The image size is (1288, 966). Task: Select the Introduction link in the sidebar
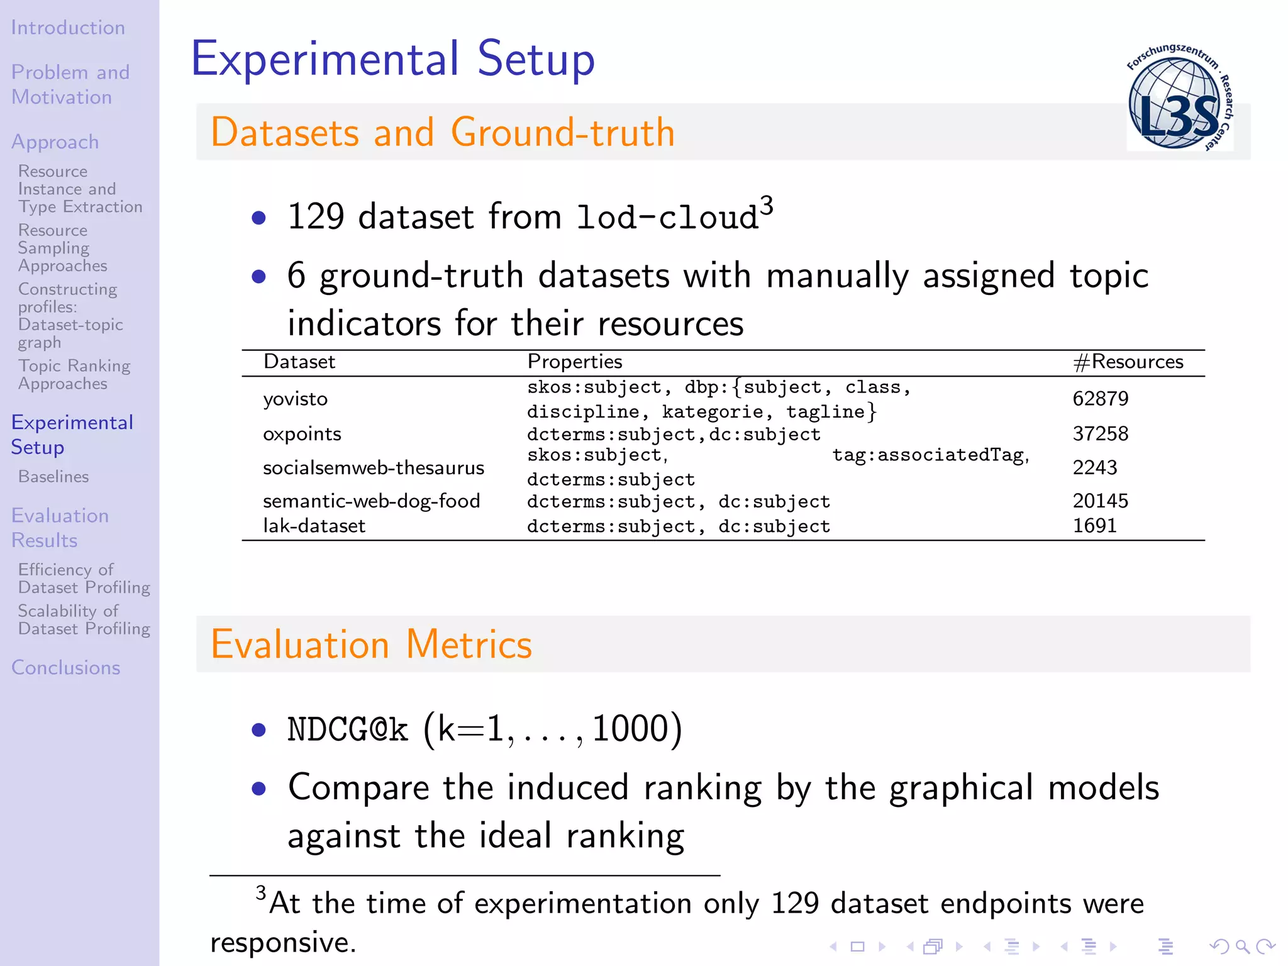(68, 28)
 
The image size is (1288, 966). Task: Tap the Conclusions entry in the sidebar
(65, 667)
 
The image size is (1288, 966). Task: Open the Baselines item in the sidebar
(53, 477)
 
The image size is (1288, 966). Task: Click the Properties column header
(574, 362)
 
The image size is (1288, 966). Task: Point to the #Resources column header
(1128, 362)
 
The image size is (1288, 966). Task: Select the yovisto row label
(295, 399)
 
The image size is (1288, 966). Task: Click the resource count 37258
(1100, 433)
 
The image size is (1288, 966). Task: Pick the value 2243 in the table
(1094, 467)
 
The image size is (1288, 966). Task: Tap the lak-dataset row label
(314, 526)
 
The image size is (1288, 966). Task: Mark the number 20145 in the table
(1100, 501)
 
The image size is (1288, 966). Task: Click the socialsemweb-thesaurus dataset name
(373, 468)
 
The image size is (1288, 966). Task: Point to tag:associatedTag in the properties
(930, 455)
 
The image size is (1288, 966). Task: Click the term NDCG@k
(347, 730)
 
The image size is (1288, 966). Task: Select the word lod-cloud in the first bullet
(667, 218)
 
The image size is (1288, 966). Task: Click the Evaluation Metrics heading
(371, 645)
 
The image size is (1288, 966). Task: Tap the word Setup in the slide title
(536, 59)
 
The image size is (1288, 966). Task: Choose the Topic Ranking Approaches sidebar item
(74, 375)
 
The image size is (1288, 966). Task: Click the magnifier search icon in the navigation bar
(1242, 946)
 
